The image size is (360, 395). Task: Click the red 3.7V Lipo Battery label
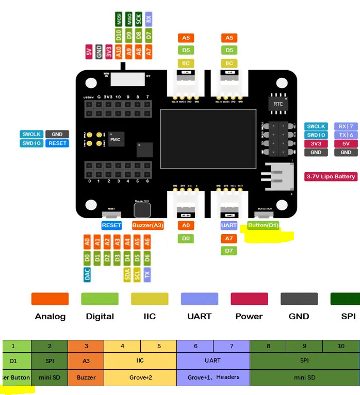pyautogui.click(x=331, y=176)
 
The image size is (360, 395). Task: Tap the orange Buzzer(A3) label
pyautogui.click(x=148, y=225)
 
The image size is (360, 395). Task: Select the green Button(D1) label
pyautogui.click(x=263, y=225)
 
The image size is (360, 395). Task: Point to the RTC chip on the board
pyautogui.click(x=278, y=104)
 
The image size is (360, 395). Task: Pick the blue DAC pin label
pyautogui.click(x=87, y=274)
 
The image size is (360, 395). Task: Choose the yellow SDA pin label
pyautogui.click(x=127, y=274)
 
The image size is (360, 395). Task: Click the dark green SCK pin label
pyautogui.click(x=139, y=20)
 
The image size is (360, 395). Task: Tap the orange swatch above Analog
pyautogui.click(x=50, y=299)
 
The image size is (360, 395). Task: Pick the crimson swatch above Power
pyautogui.click(x=249, y=299)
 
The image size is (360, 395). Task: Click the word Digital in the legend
pyautogui.click(x=100, y=317)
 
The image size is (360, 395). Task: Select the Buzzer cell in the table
pyautogui.click(x=86, y=377)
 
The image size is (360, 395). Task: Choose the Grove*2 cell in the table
pyautogui.click(x=141, y=377)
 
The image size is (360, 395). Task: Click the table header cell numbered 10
pyautogui.click(x=341, y=346)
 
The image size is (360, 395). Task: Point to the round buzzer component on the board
pyautogui.click(x=142, y=210)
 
